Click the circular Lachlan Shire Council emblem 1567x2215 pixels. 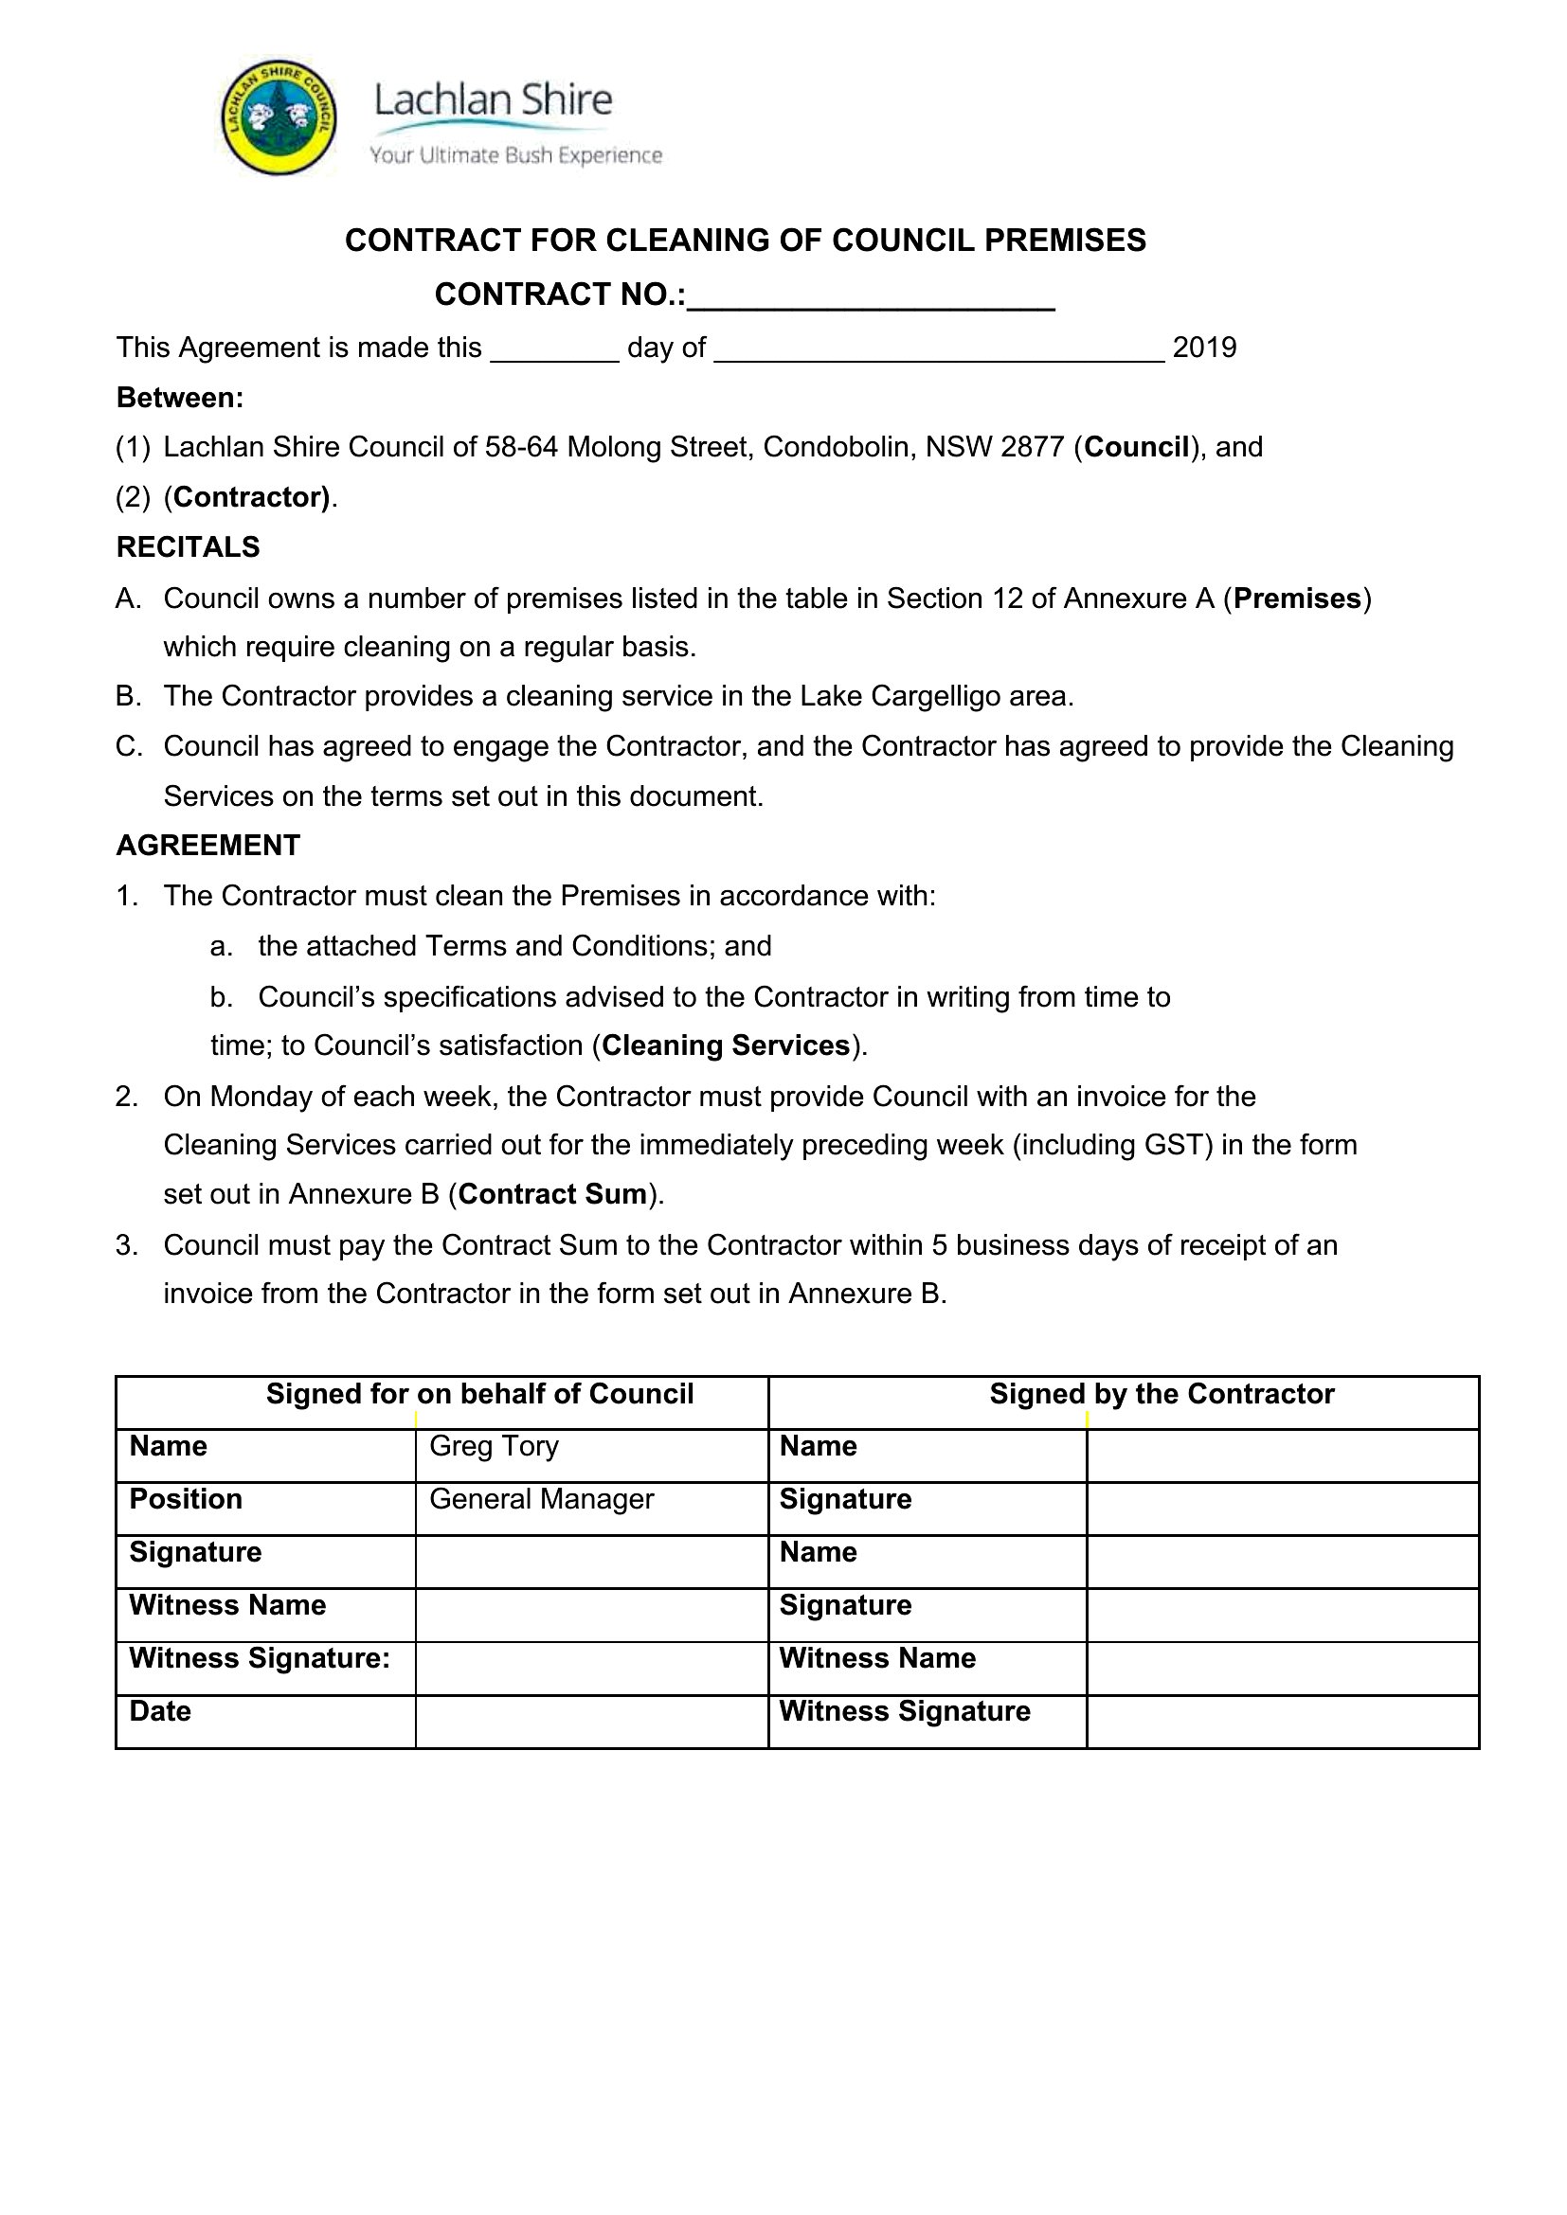click(279, 117)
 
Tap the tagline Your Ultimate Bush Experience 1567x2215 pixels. click(515, 155)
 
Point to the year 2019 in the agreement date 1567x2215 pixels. click(1204, 348)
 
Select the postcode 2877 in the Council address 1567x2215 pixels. click(1033, 447)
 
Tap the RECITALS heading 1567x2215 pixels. click(189, 547)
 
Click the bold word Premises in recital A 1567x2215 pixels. click(1297, 598)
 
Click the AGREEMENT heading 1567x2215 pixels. click(208, 845)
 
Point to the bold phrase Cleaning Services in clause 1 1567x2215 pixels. click(726, 1045)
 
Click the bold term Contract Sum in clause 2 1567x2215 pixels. click(553, 1193)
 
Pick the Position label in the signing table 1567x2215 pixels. click(187, 1499)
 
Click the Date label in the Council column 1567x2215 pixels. click(160, 1711)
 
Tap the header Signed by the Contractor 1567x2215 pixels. click(1162, 1394)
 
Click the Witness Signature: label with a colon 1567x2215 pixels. click(260, 1658)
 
